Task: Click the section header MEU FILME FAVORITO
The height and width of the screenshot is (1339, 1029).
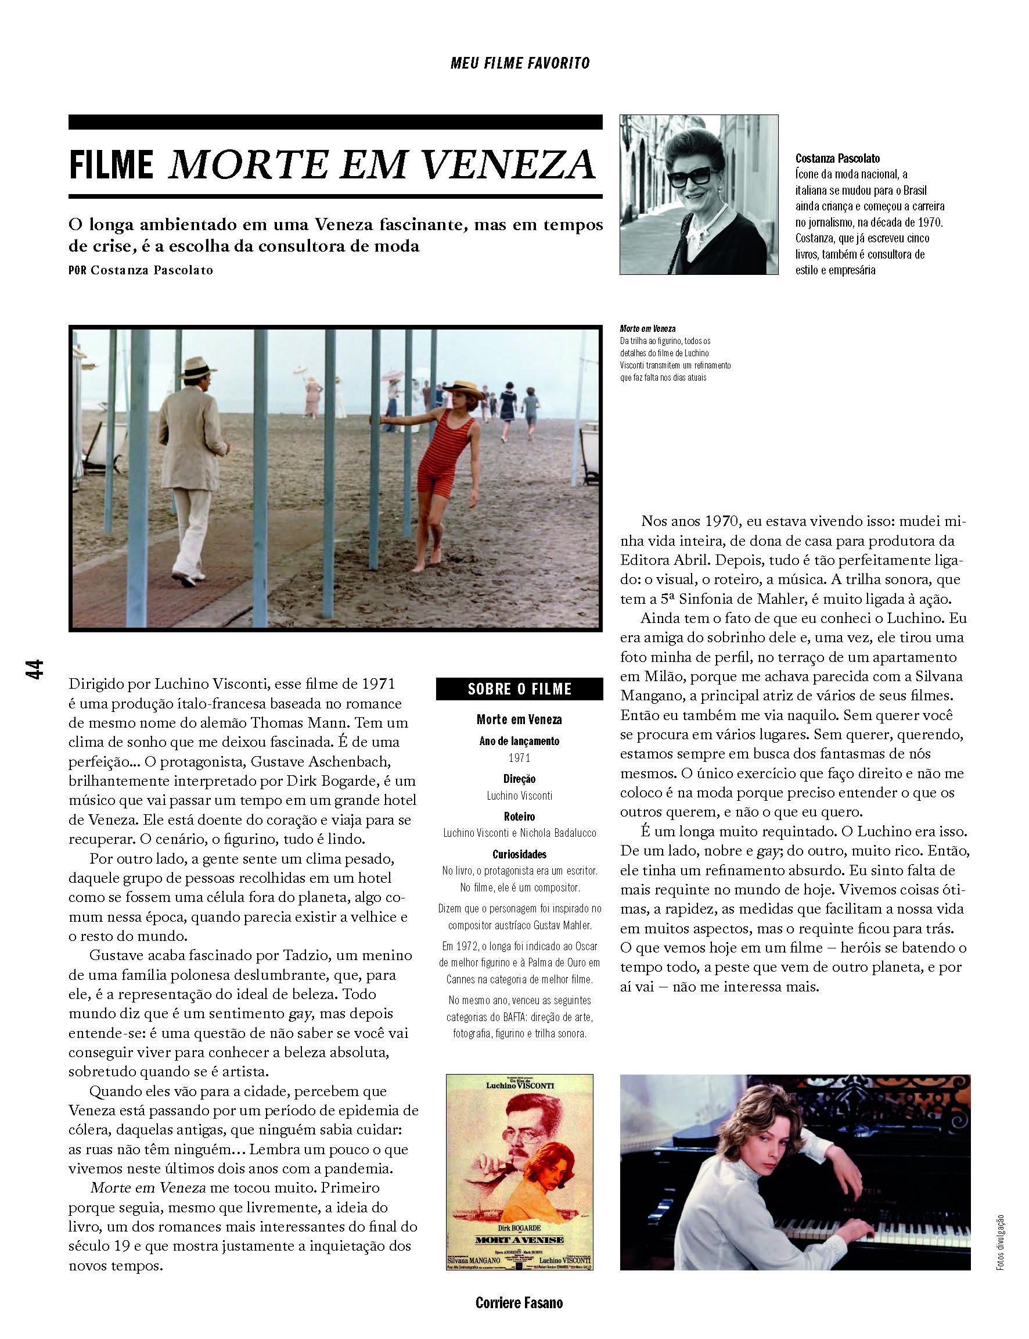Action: (x=519, y=63)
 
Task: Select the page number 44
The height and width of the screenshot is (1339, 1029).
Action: (x=34, y=668)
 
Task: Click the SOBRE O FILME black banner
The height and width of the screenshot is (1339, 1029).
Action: (x=519, y=689)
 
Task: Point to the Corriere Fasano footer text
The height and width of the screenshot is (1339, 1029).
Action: (x=519, y=1302)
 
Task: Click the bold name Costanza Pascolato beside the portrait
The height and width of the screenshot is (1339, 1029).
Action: (x=837, y=158)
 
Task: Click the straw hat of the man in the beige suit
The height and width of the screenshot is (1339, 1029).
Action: (x=197, y=367)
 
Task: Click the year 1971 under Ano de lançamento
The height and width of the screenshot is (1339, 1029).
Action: (x=519, y=758)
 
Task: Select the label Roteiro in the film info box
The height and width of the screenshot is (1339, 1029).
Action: (x=519, y=817)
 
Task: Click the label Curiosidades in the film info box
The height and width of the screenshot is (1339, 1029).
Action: (x=519, y=854)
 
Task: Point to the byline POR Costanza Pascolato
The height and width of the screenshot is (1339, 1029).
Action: (x=141, y=270)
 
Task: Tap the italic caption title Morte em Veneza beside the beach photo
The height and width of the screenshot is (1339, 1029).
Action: (x=647, y=329)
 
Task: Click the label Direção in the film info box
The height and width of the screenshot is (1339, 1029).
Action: (x=519, y=779)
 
